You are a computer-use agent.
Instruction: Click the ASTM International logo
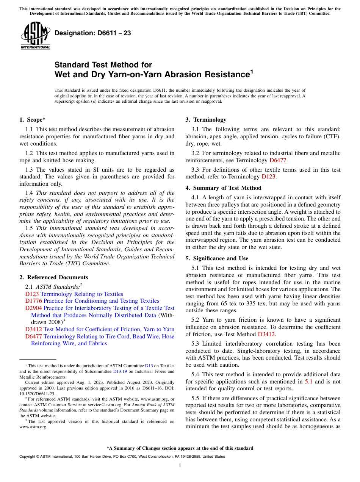(x=35, y=36)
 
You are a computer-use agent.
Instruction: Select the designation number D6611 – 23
(x=93, y=33)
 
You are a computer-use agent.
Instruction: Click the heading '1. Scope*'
(x=32, y=120)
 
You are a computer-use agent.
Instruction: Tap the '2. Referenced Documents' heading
(x=54, y=277)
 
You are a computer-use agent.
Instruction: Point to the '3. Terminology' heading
(x=206, y=120)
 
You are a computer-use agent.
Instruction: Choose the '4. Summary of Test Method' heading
(x=223, y=188)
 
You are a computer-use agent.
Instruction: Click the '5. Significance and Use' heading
(x=217, y=258)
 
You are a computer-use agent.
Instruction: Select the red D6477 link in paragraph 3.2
(x=278, y=160)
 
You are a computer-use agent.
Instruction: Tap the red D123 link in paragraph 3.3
(x=269, y=177)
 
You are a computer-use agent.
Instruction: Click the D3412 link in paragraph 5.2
(x=266, y=334)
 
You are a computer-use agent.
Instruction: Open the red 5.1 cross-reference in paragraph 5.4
(x=309, y=382)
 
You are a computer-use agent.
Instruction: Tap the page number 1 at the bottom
(x=180, y=466)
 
